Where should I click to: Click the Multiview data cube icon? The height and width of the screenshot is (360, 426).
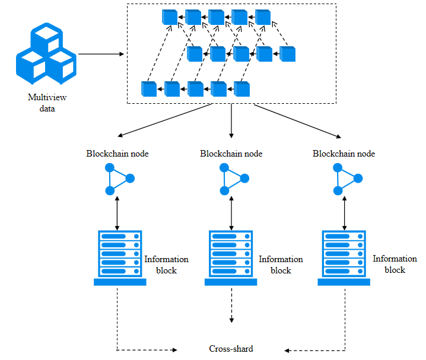point(46,53)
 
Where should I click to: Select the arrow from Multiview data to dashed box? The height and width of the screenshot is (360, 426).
point(101,54)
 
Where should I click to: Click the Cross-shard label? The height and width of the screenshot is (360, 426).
point(231,349)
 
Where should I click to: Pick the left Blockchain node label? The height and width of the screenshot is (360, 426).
point(117,154)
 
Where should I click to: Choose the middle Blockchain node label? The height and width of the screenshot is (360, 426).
point(231,154)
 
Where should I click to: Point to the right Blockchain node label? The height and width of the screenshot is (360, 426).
point(344,154)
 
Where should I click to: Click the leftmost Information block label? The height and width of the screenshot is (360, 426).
point(166,265)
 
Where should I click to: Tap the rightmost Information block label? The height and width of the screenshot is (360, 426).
point(395,264)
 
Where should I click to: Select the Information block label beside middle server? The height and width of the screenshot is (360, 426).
point(281,265)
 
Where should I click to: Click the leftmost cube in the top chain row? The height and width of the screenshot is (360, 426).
point(170,18)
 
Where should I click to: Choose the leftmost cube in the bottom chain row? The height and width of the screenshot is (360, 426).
point(149,89)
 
